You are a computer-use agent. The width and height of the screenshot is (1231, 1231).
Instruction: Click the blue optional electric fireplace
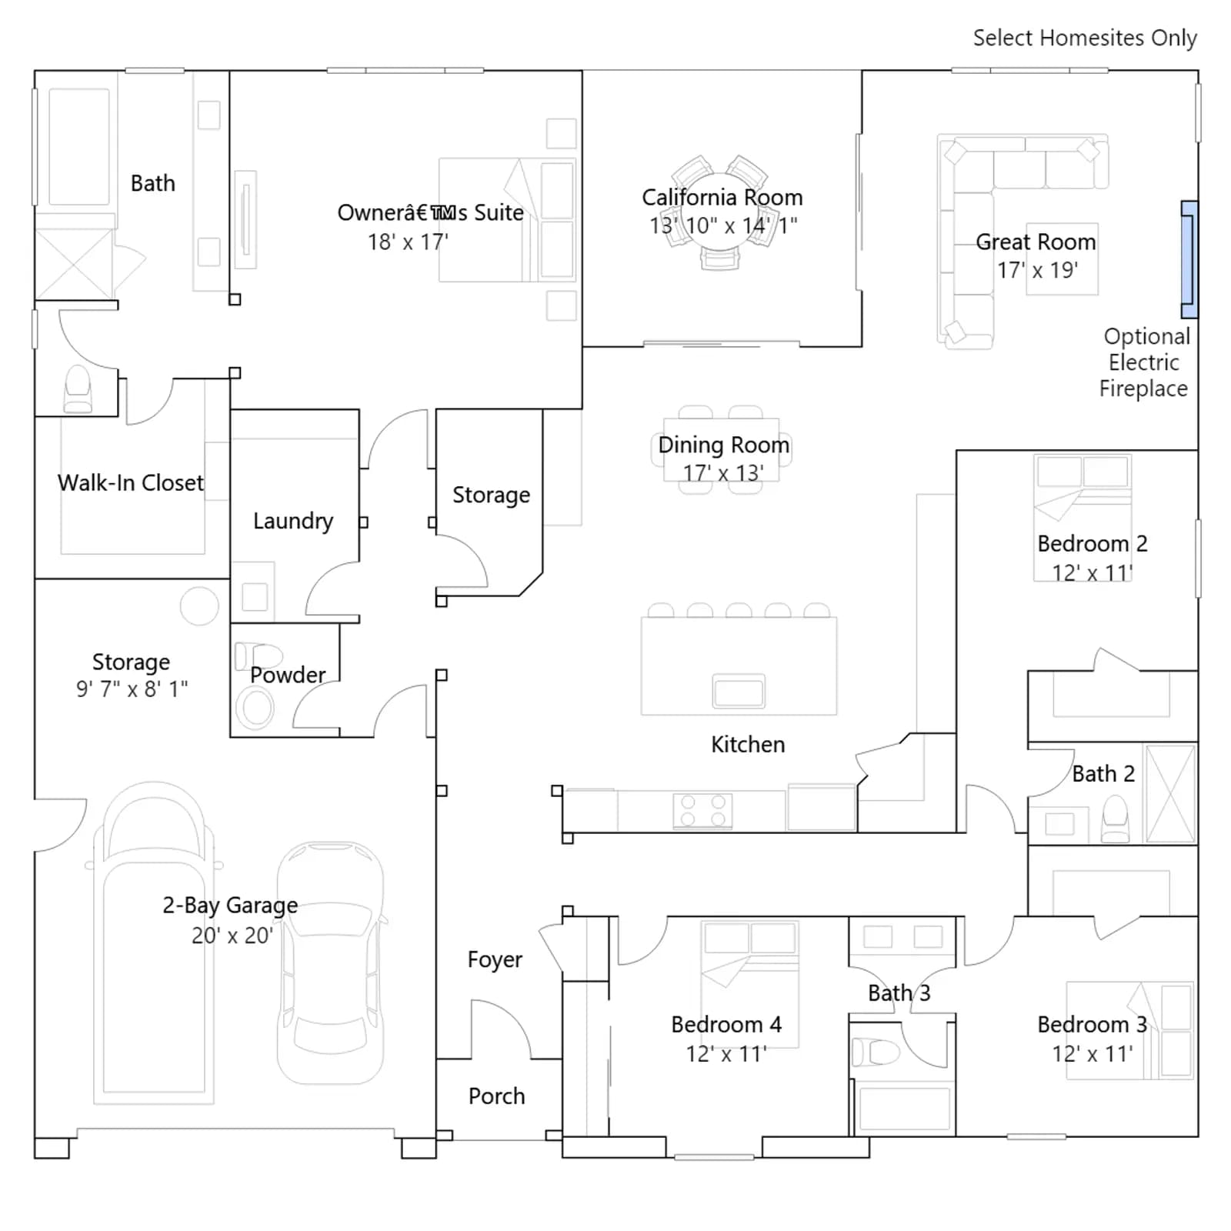[1189, 259]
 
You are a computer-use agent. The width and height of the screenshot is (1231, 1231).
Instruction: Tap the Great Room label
[1036, 242]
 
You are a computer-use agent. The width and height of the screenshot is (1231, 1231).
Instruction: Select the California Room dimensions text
[723, 225]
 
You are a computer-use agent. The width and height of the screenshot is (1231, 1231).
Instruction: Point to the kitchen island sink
[739, 690]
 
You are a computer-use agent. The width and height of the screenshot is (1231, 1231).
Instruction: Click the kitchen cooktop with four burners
[702, 810]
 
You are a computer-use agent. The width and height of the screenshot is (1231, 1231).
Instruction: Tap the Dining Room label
[723, 445]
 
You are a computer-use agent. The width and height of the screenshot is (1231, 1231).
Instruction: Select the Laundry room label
[293, 521]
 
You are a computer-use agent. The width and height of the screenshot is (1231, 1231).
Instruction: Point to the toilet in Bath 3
[876, 1051]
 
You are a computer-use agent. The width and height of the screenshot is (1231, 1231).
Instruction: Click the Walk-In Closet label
[131, 482]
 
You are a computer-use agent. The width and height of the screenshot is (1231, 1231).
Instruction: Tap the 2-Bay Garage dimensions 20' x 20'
[232, 935]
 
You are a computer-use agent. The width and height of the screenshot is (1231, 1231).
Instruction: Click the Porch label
[497, 1096]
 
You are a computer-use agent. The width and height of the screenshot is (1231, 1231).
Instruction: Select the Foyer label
[495, 959]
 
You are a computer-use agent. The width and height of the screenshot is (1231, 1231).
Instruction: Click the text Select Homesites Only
[1085, 38]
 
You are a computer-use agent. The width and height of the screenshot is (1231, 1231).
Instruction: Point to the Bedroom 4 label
[726, 1024]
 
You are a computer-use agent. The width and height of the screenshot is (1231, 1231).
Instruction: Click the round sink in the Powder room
[255, 708]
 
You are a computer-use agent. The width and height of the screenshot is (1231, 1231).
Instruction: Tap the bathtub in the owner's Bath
[78, 147]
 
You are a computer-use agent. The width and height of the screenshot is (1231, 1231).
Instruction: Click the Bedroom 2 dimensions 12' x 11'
[1093, 572]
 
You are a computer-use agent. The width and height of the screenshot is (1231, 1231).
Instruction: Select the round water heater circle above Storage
[199, 605]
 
